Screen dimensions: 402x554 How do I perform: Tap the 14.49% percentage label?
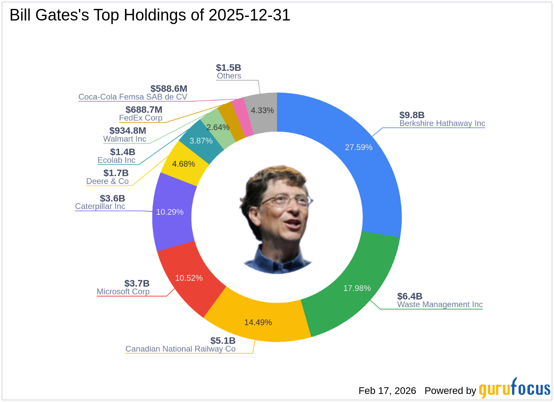(258, 322)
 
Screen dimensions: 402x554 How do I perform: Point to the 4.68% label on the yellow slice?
(184, 164)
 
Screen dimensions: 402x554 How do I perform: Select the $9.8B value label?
(412, 115)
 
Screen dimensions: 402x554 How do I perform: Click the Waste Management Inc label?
(440, 305)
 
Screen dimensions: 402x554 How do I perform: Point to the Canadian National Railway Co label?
(180, 349)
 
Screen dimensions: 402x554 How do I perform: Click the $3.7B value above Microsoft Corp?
(136, 283)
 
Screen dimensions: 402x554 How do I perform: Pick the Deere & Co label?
(107, 181)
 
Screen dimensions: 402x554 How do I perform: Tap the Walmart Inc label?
(124, 139)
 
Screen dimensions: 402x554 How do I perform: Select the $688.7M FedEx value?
(144, 110)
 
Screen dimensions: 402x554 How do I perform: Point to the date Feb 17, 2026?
(387, 391)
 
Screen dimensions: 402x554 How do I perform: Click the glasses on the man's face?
(285, 199)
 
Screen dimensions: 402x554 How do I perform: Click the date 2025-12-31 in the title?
(249, 16)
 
